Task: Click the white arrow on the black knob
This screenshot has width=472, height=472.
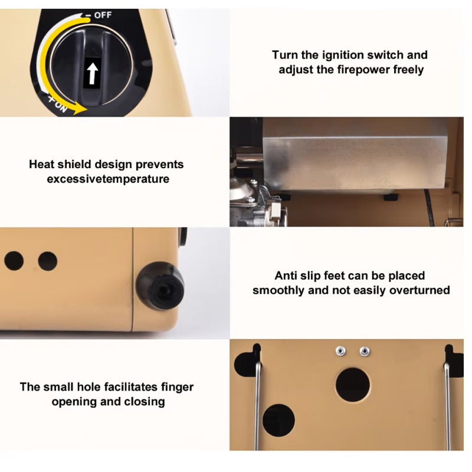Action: tap(93, 73)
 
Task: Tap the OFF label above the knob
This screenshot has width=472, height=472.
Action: tap(103, 15)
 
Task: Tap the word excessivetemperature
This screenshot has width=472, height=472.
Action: tap(108, 179)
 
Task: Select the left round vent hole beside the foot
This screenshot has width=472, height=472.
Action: tap(14, 261)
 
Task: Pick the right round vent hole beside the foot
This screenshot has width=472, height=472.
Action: tap(48, 261)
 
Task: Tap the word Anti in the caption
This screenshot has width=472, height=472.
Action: tap(286, 276)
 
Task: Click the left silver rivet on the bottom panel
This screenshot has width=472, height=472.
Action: tap(340, 351)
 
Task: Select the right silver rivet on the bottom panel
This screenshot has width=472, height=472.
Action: tap(365, 351)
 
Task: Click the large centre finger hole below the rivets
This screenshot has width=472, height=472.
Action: tap(352, 385)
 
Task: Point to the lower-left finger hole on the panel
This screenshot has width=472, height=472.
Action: tap(278, 421)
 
